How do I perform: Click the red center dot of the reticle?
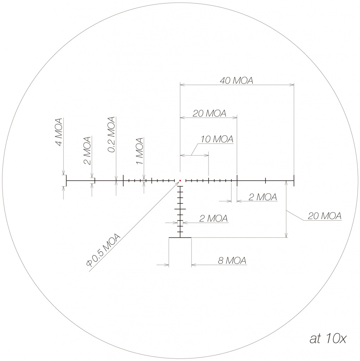click(x=180, y=181)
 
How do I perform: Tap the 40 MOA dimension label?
click(x=236, y=81)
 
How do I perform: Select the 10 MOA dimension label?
click(x=217, y=139)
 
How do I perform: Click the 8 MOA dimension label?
click(x=232, y=261)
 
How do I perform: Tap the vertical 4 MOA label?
click(x=59, y=132)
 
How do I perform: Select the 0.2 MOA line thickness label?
click(x=111, y=134)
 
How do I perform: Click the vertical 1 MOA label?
click(x=139, y=151)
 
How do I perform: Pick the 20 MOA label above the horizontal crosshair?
click(x=209, y=114)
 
